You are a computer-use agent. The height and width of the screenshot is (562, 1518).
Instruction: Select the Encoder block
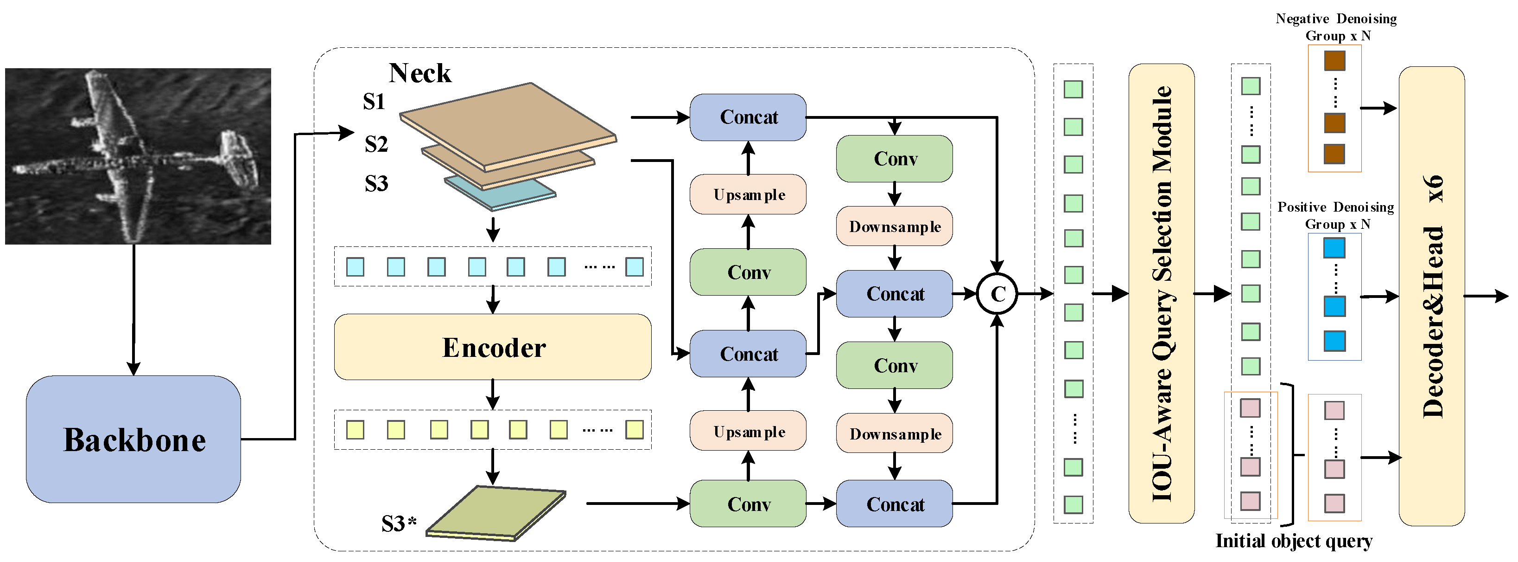pyautogui.click(x=493, y=347)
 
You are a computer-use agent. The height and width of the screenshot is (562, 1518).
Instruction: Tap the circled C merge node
pyautogui.click(x=997, y=294)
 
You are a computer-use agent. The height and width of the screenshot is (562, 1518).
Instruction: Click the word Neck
pyautogui.click(x=419, y=73)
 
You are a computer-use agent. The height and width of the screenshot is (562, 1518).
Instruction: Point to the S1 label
pyautogui.click(x=374, y=102)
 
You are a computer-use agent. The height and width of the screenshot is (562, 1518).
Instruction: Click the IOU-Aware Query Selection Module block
pyautogui.click(x=1161, y=293)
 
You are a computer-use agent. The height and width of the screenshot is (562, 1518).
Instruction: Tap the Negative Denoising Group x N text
pyautogui.click(x=1336, y=27)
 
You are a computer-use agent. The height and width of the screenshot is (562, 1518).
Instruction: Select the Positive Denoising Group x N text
pyautogui.click(x=1335, y=215)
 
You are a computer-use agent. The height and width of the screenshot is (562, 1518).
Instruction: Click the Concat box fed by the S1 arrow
pyautogui.click(x=748, y=117)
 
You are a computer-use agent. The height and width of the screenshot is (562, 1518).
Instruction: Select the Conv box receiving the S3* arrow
pyautogui.click(x=748, y=504)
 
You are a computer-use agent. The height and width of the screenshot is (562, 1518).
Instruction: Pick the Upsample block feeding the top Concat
pyautogui.click(x=748, y=194)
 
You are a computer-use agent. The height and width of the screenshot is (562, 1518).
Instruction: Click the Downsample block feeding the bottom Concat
pyautogui.click(x=895, y=433)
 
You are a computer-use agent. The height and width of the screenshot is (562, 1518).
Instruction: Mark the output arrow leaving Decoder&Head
pyautogui.click(x=1486, y=296)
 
